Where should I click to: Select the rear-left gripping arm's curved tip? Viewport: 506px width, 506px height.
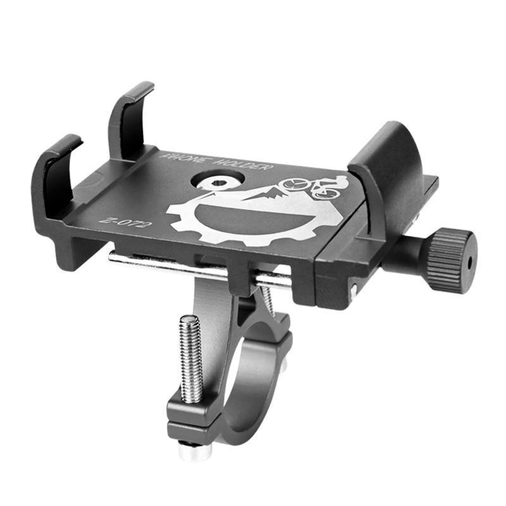(136, 92)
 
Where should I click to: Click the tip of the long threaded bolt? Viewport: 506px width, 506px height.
(189, 320)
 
